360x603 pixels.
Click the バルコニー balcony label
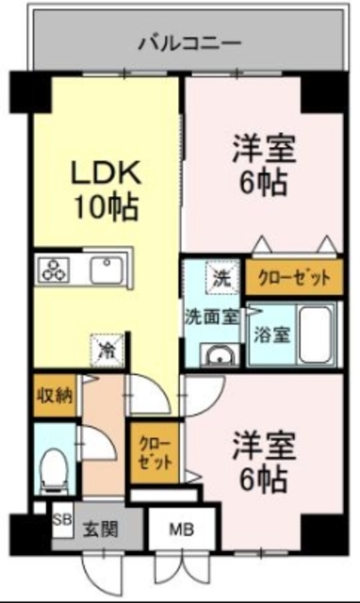click(189, 42)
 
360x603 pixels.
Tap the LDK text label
click(106, 172)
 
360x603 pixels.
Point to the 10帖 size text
click(106, 206)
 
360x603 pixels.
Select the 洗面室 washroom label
click(211, 318)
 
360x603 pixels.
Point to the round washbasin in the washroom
click(221, 356)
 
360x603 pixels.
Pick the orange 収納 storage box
click(54, 395)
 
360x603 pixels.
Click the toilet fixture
click(55, 465)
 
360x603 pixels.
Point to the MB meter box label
click(182, 530)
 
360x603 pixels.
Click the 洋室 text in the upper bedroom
click(265, 148)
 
